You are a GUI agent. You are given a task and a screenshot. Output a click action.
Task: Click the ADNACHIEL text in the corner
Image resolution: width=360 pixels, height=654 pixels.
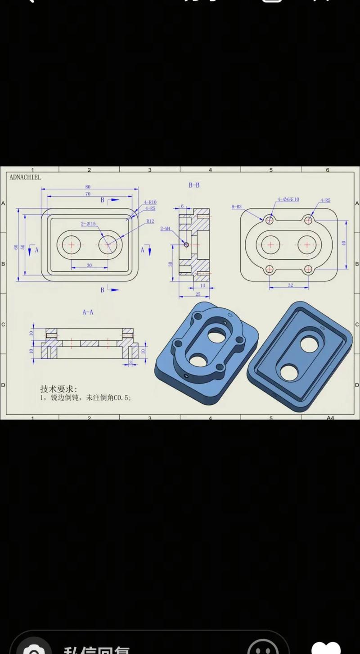[x=25, y=177]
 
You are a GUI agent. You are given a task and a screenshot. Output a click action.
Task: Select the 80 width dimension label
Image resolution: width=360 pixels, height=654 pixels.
[x=88, y=187]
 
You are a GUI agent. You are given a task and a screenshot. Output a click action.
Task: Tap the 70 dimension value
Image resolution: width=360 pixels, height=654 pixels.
[x=88, y=194]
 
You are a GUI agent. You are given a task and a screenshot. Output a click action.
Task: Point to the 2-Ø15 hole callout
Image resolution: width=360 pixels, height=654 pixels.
[x=88, y=224]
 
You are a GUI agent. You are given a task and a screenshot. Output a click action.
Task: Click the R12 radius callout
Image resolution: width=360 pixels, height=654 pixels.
[x=150, y=221]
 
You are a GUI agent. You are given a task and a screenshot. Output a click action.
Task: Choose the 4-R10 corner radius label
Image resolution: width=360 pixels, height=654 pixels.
[x=150, y=203]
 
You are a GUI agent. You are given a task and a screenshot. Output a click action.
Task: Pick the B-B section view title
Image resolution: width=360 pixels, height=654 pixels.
[x=194, y=185]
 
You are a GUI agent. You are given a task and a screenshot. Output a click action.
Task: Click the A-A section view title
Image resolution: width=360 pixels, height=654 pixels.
[x=88, y=312]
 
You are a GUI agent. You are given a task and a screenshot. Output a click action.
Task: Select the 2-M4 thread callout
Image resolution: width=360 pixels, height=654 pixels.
[x=165, y=229]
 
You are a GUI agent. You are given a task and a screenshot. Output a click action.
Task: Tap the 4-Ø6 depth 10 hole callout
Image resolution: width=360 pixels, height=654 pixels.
[x=288, y=199]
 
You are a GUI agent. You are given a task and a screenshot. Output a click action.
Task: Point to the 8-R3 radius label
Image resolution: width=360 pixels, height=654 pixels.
[x=237, y=207]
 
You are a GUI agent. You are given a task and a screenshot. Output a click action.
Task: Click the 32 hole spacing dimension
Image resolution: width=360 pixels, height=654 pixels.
[x=290, y=285]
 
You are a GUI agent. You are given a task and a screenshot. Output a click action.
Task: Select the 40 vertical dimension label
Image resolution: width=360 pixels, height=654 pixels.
[x=344, y=243]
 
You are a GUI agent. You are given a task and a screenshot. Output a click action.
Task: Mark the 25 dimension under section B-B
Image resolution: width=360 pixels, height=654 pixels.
[x=198, y=294]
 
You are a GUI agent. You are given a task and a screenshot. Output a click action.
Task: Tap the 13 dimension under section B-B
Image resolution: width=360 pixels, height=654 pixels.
[x=202, y=285]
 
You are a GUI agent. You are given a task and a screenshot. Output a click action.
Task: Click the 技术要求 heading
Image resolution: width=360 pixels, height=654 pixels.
[x=58, y=389]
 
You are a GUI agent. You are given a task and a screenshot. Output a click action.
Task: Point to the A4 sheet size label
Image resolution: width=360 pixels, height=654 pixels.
[x=330, y=418]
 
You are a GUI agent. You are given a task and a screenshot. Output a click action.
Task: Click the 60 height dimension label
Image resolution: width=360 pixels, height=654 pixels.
[x=16, y=247]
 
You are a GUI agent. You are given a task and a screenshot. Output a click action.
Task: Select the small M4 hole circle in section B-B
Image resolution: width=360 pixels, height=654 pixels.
[x=186, y=244]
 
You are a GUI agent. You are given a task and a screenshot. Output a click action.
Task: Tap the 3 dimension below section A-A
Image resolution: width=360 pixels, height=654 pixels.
[x=130, y=362]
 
